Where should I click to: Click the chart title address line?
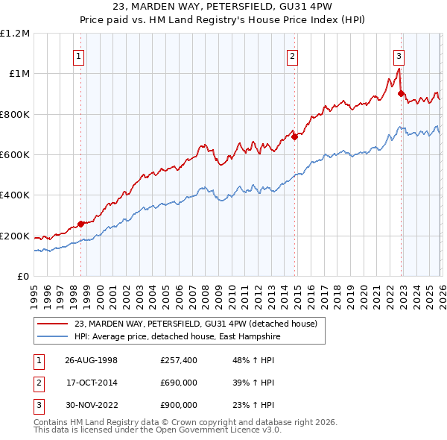[223, 7]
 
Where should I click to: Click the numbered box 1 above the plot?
[79, 55]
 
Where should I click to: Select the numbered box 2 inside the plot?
[293, 55]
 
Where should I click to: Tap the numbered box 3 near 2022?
[399, 55]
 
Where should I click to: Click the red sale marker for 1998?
[81, 224]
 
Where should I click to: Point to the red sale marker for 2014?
[295, 136]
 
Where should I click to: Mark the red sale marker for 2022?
[402, 94]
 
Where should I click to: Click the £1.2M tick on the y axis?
[15, 33]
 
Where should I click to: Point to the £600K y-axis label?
[15, 154]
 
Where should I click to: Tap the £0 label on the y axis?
[23, 276]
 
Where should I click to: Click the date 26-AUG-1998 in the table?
[91, 360]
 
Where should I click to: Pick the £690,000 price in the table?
[179, 383]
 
